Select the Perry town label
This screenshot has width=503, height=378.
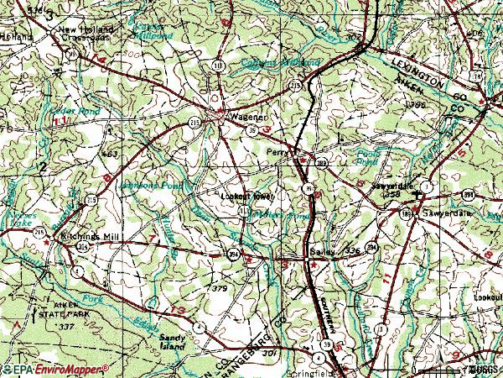(277, 152)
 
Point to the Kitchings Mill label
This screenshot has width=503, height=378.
(91, 238)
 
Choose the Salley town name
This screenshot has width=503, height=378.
(296, 251)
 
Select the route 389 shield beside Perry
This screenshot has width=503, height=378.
(322, 162)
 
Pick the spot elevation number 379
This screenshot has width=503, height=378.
(220, 288)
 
